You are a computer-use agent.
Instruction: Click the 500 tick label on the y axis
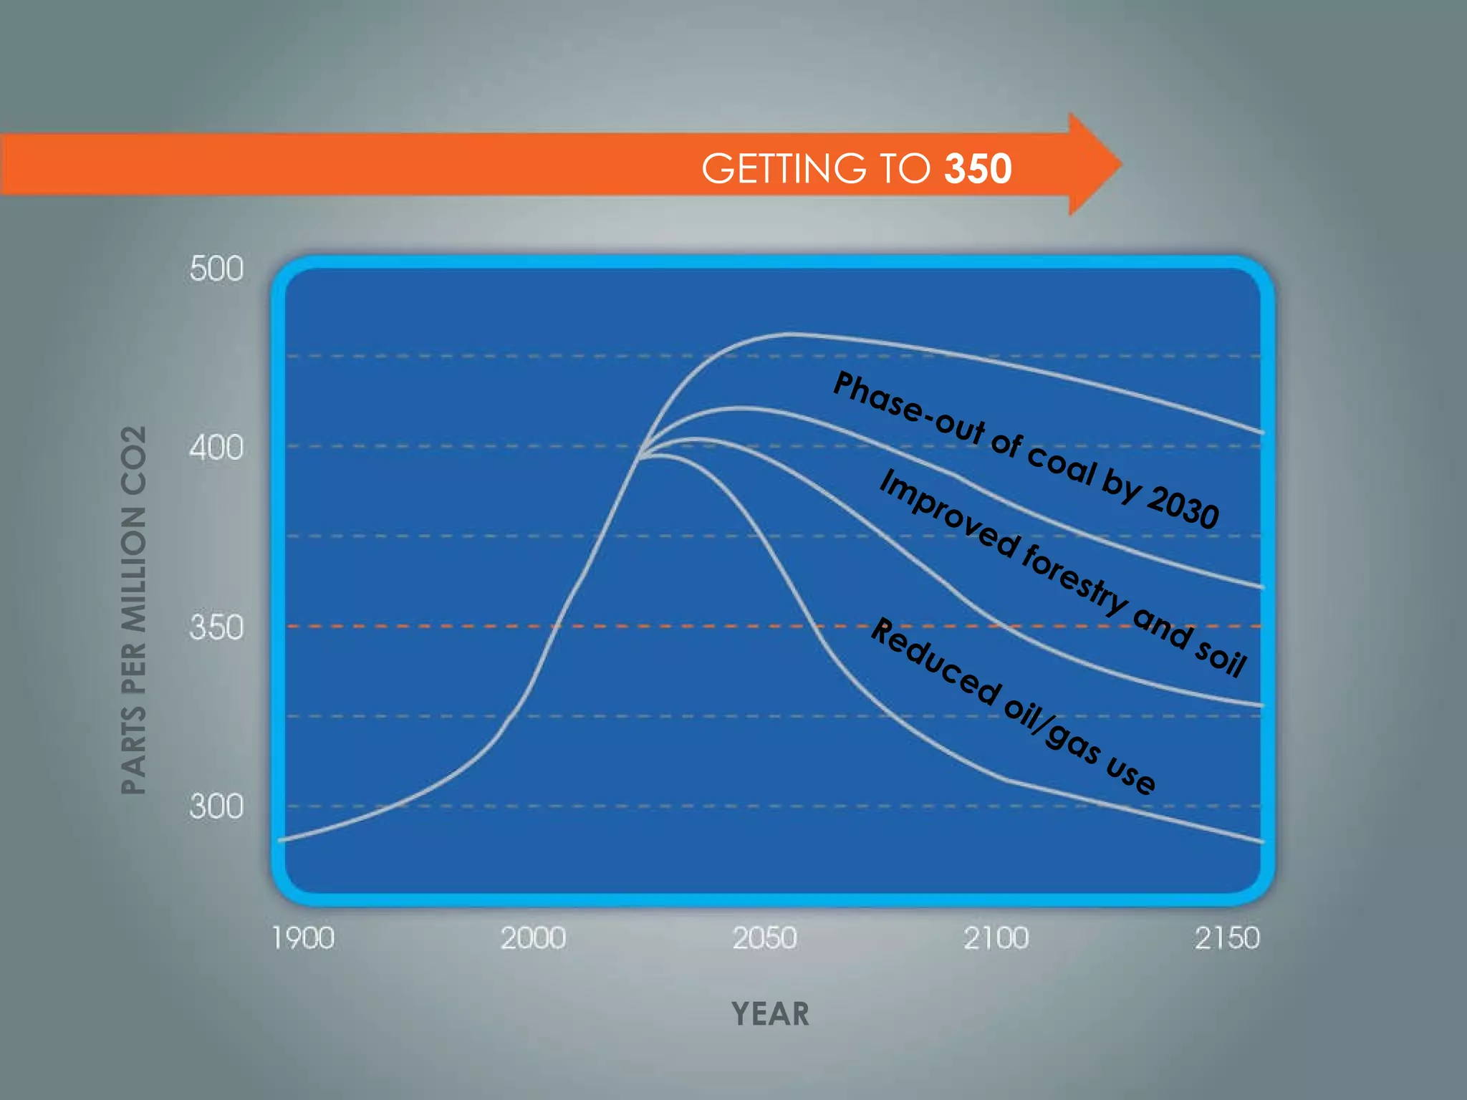click(216, 269)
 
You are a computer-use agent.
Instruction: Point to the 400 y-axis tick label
click(216, 448)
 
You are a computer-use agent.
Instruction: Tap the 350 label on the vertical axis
click(216, 628)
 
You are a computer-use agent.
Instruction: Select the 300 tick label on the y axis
click(216, 807)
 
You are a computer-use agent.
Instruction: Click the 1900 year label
click(303, 938)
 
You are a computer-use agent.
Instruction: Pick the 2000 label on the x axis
click(533, 938)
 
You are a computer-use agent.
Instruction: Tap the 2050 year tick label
click(764, 938)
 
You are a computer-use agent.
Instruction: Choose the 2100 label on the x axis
click(996, 938)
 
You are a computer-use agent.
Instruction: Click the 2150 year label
click(1226, 938)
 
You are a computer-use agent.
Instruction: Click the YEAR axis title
click(770, 1014)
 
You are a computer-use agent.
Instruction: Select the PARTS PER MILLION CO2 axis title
click(134, 609)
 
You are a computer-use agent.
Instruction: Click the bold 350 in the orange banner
click(978, 169)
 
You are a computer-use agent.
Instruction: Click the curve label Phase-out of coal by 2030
click(1026, 450)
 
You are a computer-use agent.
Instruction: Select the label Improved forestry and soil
click(1063, 573)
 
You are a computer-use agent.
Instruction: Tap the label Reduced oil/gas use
click(1013, 706)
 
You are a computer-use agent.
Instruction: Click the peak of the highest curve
click(792, 334)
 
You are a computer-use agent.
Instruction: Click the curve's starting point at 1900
click(281, 839)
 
